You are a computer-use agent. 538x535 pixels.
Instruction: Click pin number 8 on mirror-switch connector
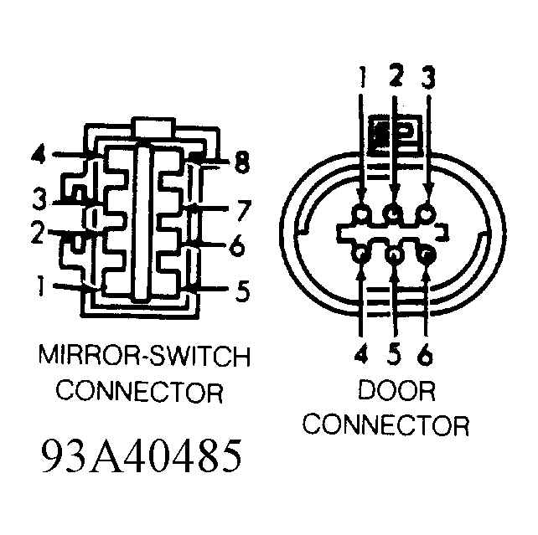242,162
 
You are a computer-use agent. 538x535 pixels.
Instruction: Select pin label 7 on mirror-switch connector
244,210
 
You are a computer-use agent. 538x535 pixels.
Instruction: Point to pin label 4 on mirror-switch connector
39,154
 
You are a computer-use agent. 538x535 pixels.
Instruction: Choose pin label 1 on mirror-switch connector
41,286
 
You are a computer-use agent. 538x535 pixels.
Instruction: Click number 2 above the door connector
396,75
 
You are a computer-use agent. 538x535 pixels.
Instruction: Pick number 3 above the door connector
428,77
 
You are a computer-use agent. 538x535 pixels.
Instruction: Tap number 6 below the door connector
425,353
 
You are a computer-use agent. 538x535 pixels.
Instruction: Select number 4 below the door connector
361,352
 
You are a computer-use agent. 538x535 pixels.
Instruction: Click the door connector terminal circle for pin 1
362,214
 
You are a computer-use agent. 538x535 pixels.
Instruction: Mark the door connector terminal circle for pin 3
426,214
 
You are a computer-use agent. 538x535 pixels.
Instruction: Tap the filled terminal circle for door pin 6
426,255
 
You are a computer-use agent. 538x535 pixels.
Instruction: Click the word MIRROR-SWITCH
144,357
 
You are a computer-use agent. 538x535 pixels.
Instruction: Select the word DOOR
397,390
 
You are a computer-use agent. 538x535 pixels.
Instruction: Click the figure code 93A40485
142,456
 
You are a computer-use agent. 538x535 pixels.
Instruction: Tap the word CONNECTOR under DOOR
385,425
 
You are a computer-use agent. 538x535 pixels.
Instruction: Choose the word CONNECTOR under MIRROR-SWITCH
139,391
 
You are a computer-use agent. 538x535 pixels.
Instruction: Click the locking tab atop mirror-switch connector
153,128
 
